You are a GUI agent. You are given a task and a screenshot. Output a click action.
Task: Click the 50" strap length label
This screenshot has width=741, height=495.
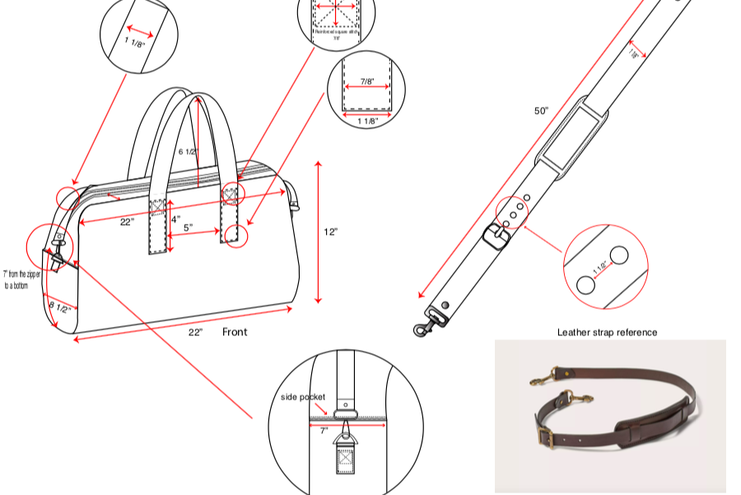[541, 110]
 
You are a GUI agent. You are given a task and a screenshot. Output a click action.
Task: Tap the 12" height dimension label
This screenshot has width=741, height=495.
[329, 231]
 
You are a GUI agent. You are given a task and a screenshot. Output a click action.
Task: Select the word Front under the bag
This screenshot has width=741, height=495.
[235, 332]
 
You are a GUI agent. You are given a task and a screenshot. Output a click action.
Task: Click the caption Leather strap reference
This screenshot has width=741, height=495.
[607, 332]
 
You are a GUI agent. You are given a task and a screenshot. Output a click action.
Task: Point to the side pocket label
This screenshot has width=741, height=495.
[303, 397]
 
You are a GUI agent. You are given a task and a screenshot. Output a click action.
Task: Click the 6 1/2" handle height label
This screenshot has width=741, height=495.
[188, 152]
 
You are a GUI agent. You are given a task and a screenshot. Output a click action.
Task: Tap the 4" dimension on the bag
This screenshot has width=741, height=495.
[175, 219]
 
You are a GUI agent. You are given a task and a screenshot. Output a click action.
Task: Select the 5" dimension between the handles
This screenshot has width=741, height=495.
[188, 227]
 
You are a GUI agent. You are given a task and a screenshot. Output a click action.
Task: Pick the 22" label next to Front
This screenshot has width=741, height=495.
[195, 332]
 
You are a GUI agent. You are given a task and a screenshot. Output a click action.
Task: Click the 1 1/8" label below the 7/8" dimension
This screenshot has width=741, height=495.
[367, 121]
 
